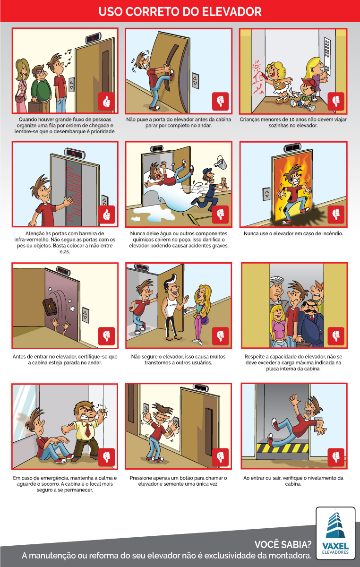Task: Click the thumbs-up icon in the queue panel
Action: (106, 101)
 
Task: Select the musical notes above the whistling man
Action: (68, 58)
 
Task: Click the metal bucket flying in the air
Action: (221, 162)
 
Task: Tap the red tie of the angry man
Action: (87, 430)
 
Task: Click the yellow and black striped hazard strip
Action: (283, 448)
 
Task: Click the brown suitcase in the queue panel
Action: (35, 107)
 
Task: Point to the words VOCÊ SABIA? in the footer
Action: (283, 544)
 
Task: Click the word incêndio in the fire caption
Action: (331, 233)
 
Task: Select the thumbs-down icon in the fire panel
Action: (336, 215)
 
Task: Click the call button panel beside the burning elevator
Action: (266, 194)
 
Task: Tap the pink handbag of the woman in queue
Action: (19, 99)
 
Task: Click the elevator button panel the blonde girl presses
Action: (327, 57)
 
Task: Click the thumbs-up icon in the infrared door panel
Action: (106, 215)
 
